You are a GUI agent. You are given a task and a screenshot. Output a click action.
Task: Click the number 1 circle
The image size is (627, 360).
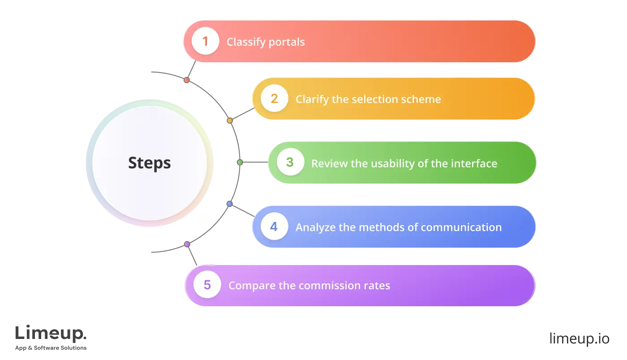pyautogui.click(x=205, y=42)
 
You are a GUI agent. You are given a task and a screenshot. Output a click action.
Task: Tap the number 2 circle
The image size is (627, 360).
pyautogui.click(x=274, y=99)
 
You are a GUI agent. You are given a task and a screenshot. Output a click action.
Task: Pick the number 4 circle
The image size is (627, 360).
pyautogui.click(x=274, y=227)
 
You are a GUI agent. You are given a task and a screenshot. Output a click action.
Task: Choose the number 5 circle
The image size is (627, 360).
pyautogui.click(x=207, y=285)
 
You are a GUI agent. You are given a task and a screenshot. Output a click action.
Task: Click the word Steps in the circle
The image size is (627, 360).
pyautogui.click(x=149, y=163)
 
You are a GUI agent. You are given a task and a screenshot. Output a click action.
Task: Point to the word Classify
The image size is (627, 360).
pyautogui.click(x=245, y=42)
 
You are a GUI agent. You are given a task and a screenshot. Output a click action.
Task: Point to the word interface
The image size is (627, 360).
pyautogui.click(x=472, y=163)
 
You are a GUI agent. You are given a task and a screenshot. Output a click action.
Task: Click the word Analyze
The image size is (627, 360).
pyautogui.click(x=315, y=227)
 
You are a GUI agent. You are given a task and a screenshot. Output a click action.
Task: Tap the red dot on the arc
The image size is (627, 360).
pyautogui.click(x=187, y=80)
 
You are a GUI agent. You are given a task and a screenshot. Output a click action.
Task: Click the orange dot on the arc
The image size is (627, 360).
pyautogui.click(x=230, y=121)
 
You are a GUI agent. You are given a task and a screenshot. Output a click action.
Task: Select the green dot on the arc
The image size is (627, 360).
pyautogui.click(x=240, y=162)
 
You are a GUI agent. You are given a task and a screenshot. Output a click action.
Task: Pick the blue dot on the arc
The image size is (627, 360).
pyautogui.click(x=229, y=204)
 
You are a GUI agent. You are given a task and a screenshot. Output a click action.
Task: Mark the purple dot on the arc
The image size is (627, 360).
pyautogui.click(x=187, y=244)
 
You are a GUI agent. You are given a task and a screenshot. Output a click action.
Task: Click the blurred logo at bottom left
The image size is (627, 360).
pyautogui.click(x=52, y=337)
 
